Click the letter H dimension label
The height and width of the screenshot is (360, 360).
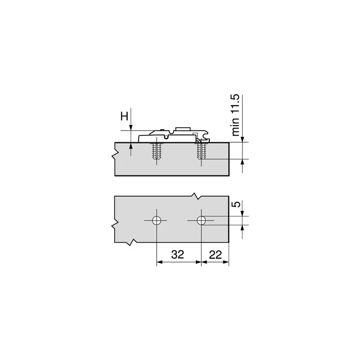(x=125, y=117)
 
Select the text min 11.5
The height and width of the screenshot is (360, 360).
(x=235, y=115)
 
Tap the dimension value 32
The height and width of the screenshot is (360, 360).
(x=178, y=254)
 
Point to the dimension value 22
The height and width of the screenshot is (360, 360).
(x=216, y=255)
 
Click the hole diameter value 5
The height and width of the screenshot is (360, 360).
(x=236, y=204)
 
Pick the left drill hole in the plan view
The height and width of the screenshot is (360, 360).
(x=157, y=220)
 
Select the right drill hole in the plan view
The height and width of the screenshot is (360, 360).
(x=201, y=220)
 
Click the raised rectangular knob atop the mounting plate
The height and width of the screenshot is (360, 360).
(x=183, y=129)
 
